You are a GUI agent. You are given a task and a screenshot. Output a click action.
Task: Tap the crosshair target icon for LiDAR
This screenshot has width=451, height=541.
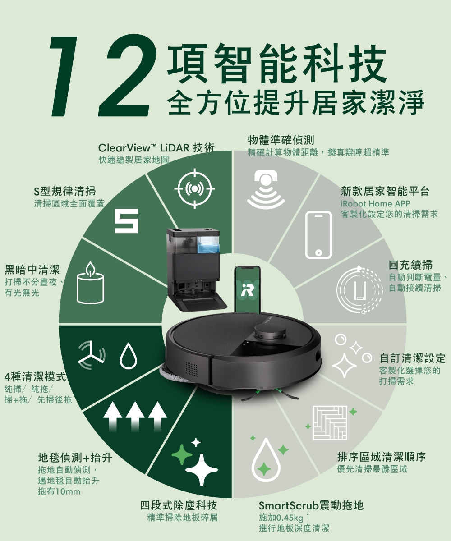195,188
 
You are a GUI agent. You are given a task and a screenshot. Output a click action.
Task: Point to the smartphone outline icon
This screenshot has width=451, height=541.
318,234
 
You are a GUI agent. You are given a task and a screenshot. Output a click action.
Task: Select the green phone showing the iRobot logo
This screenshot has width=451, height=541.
248,290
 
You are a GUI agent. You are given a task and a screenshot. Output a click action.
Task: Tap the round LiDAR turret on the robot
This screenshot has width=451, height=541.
270,333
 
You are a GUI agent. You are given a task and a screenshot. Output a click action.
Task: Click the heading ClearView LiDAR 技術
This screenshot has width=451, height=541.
156,148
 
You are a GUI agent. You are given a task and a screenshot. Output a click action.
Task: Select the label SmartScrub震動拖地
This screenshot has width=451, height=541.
311,505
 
